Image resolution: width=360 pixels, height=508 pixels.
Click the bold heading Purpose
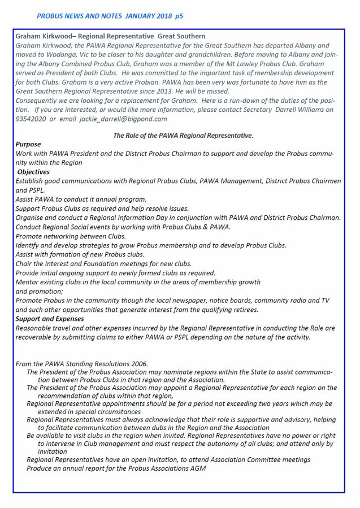28,145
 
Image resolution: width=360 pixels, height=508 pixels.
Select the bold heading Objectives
33,172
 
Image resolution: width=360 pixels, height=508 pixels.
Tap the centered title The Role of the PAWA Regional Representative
183,136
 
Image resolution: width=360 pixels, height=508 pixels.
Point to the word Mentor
28,281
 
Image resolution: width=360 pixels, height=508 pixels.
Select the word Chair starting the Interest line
25,263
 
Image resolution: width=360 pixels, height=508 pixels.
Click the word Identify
29,245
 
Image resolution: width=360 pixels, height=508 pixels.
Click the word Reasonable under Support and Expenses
34,328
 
